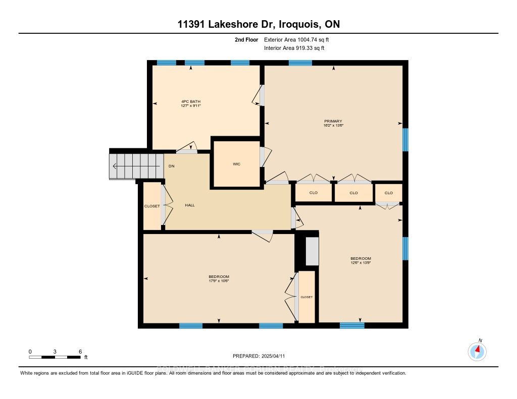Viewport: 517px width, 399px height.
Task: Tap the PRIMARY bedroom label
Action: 333,121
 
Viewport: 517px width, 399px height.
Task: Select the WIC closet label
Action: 236,164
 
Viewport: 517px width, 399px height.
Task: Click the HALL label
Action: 190,205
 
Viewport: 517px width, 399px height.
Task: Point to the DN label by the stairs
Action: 172,166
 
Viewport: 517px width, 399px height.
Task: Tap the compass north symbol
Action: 477,350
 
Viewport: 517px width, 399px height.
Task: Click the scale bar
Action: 55,357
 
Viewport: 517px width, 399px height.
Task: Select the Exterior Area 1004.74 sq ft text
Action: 297,39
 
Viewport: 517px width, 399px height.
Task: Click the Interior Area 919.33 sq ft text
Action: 294,48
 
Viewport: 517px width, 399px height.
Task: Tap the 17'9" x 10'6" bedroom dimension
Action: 219,281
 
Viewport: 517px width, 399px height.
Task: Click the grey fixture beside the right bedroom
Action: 312,250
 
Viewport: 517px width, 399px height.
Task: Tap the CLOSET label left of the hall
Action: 152,206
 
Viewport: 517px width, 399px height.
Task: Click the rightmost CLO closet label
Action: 388,193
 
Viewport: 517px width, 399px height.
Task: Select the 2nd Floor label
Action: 246,39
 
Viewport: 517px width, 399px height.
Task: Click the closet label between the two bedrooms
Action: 306,297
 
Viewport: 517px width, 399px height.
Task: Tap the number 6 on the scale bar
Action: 80,351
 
